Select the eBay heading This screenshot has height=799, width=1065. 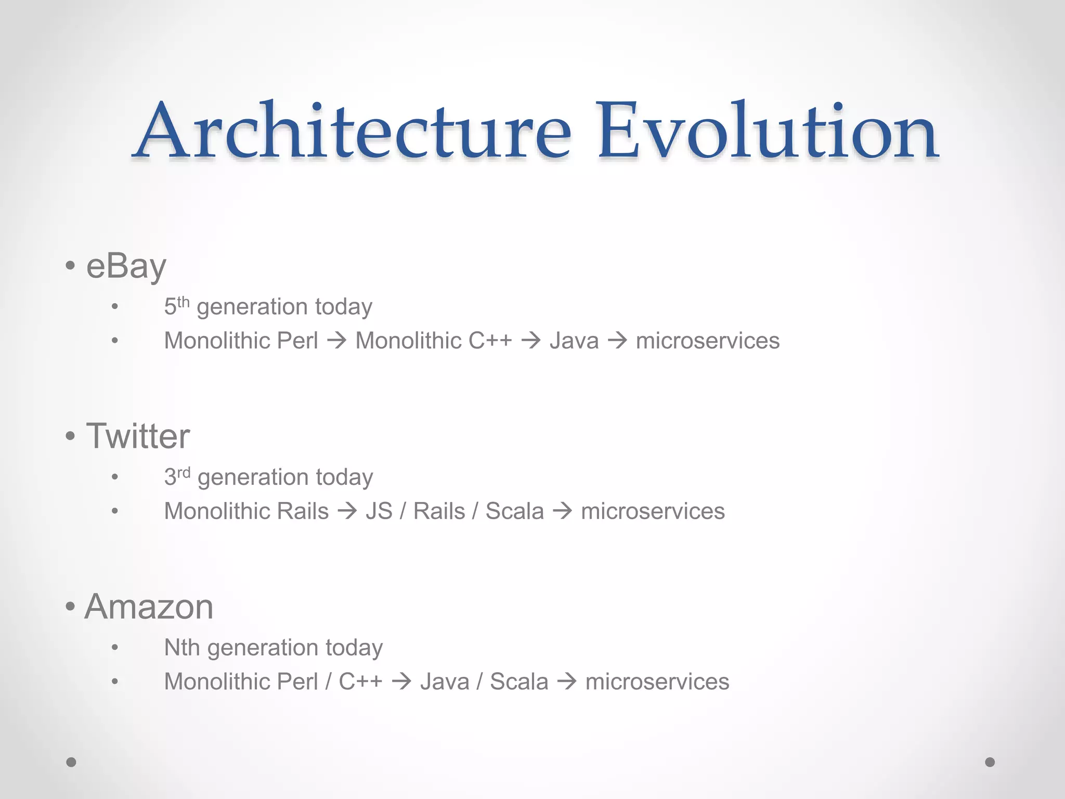(x=126, y=266)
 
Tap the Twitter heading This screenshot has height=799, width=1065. (x=138, y=436)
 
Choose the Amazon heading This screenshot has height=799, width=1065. (x=149, y=607)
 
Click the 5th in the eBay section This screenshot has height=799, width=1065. (x=176, y=306)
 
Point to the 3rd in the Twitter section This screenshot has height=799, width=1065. (x=177, y=476)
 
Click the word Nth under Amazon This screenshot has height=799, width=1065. (x=181, y=648)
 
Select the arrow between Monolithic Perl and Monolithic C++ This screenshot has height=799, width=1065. (x=337, y=341)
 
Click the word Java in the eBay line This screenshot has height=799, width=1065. (x=574, y=341)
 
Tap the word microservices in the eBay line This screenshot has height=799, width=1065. (x=707, y=341)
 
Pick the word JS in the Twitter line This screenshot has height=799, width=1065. (x=379, y=511)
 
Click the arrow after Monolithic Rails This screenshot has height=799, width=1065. (x=347, y=511)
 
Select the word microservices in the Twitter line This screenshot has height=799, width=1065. (x=653, y=511)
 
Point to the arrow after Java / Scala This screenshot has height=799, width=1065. (x=567, y=682)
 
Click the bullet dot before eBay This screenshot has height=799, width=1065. (x=70, y=266)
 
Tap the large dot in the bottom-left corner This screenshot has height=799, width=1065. (x=71, y=762)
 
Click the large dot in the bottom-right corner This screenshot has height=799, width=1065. (x=990, y=762)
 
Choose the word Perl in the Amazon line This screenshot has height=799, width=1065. (x=297, y=682)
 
